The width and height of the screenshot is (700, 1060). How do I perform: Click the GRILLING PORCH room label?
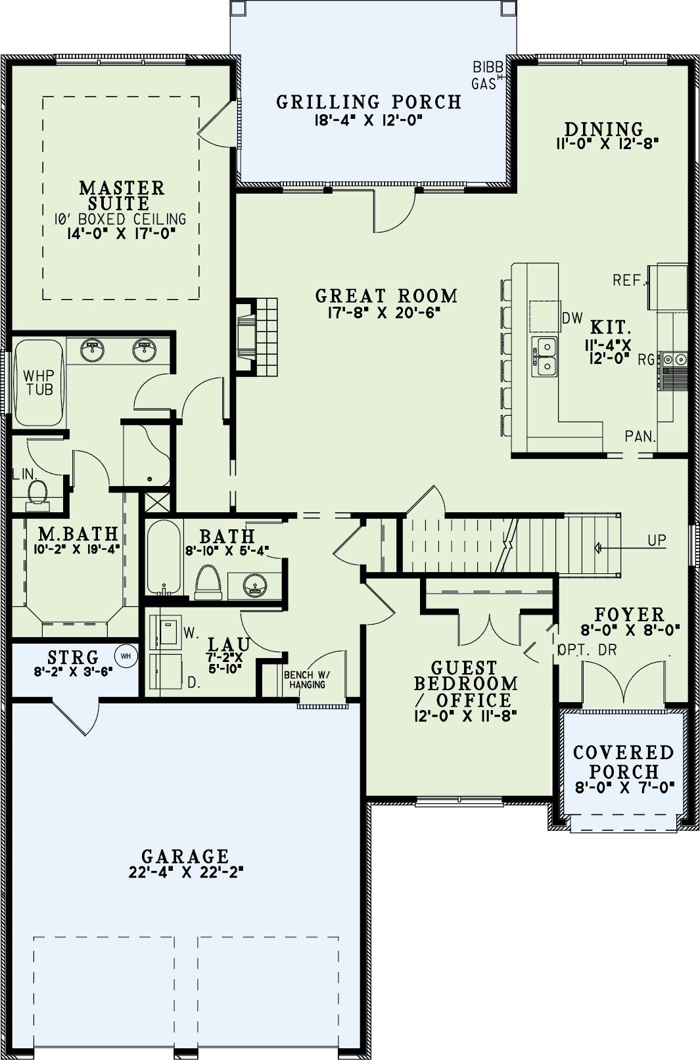click(369, 102)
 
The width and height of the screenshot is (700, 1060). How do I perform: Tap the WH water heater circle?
click(126, 656)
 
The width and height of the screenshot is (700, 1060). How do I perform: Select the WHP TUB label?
click(39, 382)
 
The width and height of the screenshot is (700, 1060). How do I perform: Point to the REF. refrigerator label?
click(629, 280)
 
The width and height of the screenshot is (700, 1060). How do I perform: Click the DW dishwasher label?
click(572, 318)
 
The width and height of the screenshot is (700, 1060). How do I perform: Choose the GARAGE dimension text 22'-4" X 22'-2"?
click(185, 872)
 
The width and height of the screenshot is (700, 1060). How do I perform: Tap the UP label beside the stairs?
click(657, 540)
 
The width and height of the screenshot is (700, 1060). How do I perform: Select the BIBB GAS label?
click(484, 76)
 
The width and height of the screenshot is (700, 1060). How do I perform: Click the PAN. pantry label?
click(640, 436)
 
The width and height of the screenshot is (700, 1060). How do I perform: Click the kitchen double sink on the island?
click(545, 357)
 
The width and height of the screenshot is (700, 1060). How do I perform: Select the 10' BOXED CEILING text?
click(120, 219)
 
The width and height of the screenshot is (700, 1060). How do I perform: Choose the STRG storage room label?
click(73, 657)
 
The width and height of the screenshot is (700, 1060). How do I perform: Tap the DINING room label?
click(604, 129)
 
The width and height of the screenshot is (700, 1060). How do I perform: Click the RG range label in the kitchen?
click(647, 360)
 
